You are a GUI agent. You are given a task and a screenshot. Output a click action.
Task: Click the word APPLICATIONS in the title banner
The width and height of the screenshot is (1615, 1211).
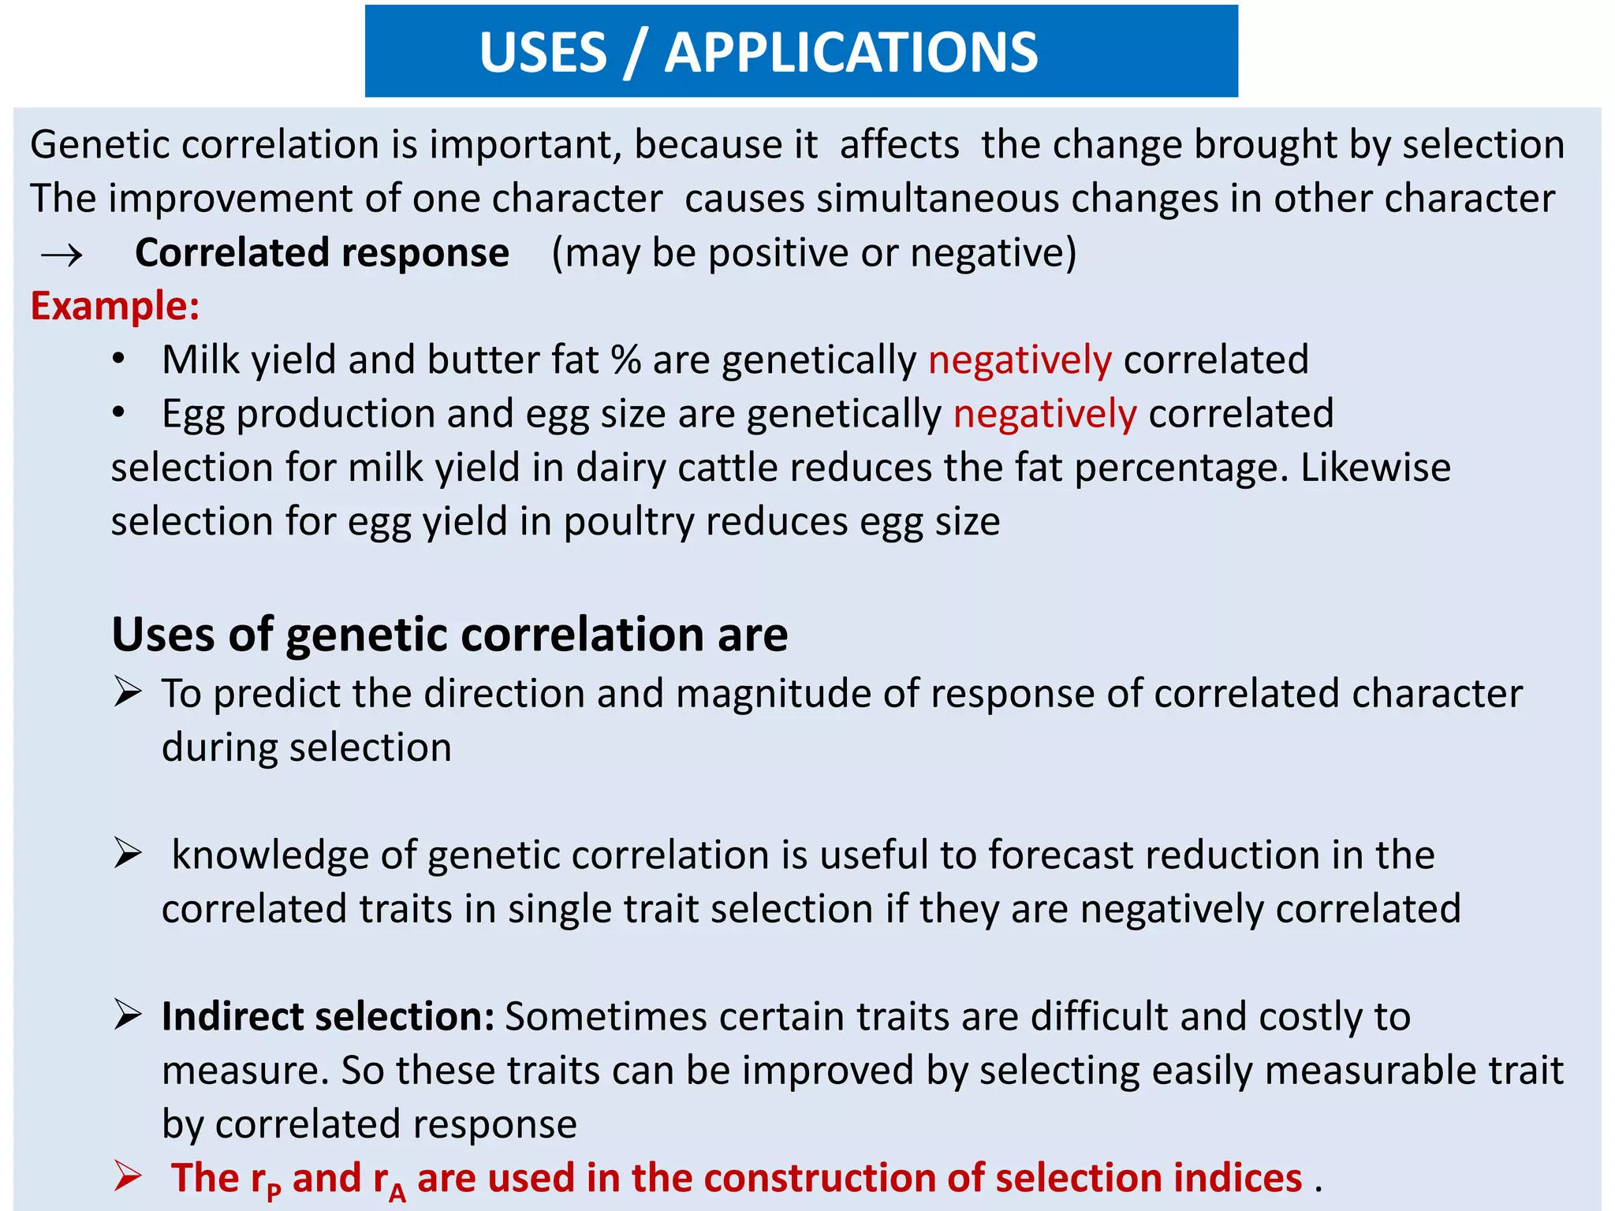point(851,53)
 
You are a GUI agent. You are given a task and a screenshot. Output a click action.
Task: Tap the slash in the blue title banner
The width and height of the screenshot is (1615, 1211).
point(634,54)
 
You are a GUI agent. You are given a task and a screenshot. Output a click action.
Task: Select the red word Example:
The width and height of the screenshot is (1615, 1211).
point(115,306)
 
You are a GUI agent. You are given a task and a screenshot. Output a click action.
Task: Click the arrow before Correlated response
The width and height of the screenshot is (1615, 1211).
point(62,255)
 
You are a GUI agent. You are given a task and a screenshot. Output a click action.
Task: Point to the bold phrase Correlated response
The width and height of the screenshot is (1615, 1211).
point(322,253)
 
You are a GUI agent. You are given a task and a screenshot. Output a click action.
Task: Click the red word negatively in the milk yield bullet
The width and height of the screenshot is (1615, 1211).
point(1020,360)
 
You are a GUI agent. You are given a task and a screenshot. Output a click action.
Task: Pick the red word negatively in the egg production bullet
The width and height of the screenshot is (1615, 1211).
point(1045,414)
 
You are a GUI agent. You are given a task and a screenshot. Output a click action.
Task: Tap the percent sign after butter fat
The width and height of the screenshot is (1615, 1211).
point(625,360)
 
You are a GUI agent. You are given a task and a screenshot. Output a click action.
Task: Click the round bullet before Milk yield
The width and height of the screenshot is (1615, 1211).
point(118,360)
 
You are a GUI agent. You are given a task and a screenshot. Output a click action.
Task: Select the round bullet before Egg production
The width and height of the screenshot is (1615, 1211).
point(118,413)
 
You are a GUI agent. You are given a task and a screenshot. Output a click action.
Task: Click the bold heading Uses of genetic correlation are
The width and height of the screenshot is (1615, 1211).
point(449,634)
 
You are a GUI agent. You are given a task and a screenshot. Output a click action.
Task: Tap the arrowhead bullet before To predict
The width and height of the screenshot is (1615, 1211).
point(127,691)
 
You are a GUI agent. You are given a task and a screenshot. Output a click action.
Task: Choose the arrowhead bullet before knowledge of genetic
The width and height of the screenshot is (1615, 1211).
point(127,853)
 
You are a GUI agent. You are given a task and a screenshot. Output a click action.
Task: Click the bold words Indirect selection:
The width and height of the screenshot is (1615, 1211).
point(328,1016)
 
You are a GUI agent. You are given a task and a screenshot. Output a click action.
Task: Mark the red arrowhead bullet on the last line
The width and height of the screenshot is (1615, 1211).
point(127,1176)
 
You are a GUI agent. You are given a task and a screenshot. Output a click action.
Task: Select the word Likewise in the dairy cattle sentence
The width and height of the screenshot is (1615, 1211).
point(1375,468)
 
